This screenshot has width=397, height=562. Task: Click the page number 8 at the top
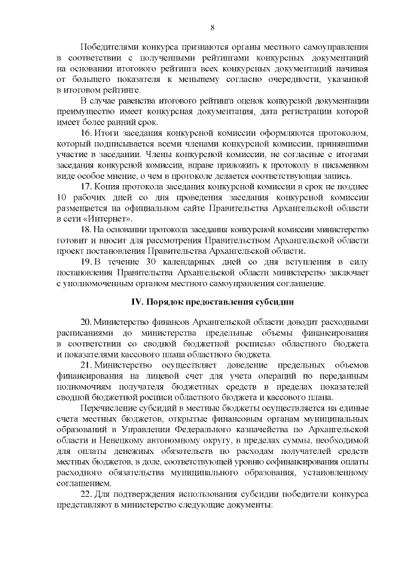(x=213, y=27)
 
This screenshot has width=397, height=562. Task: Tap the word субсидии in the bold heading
(x=272, y=302)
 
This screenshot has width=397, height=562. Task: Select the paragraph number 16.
(x=86, y=134)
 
